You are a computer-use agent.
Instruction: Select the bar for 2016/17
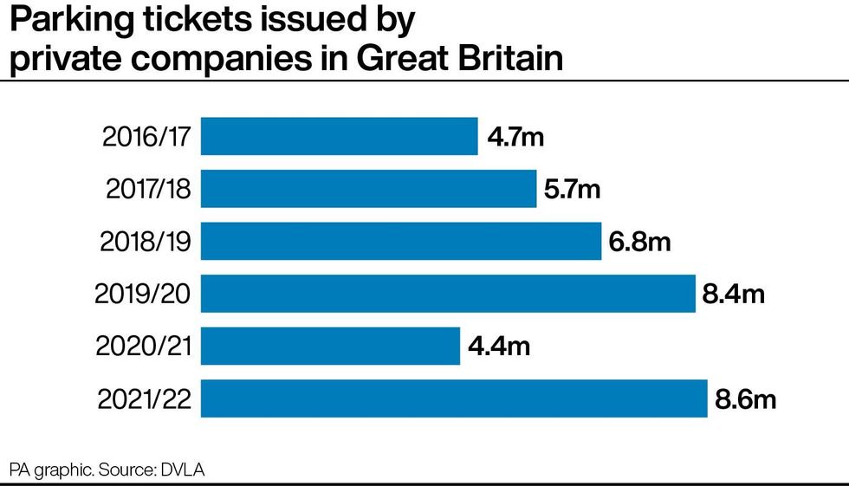coord(339,136)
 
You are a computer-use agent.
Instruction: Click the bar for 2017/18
coord(368,189)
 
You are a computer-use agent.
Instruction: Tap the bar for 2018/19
coord(400,241)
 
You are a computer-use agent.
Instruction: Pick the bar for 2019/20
coord(448,294)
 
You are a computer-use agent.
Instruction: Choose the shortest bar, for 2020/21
coord(330,346)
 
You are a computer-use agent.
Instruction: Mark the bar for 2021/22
coord(454,399)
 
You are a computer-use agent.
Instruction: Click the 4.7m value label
coord(515,137)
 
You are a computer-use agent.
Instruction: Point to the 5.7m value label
coord(572,189)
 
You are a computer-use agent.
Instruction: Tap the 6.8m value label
coord(639,242)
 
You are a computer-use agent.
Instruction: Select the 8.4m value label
coord(733,295)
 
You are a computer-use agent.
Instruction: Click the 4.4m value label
coord(497,347)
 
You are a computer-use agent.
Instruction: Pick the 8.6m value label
coord(744,399)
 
